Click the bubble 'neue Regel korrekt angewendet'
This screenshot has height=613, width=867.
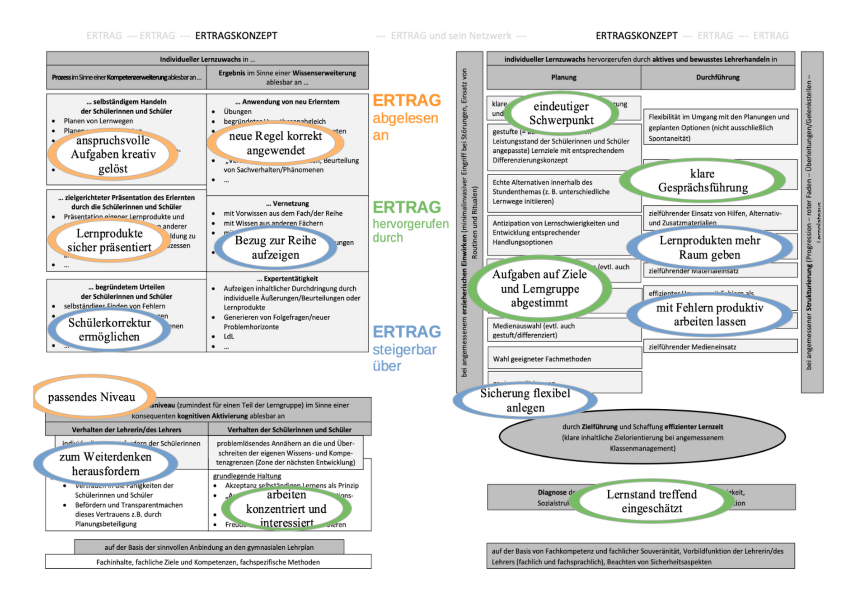(276, 143)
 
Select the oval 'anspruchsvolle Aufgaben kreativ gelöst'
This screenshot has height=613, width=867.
(113, 154)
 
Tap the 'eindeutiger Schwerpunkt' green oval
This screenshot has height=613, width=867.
(561, 113)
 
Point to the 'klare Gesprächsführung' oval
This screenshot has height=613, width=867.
(703, 180)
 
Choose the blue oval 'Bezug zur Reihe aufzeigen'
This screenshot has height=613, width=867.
(276, 248)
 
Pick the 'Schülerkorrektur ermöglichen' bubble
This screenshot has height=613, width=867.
(109, 329)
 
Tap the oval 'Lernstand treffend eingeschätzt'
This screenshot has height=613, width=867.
(651, 501)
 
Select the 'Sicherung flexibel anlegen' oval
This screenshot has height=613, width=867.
(525, 400)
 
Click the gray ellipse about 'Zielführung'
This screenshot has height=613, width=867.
(642, 437)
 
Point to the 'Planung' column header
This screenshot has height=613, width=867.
(563, 77)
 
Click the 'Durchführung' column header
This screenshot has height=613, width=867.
(717, 77)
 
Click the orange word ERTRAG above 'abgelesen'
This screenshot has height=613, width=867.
(407, 100)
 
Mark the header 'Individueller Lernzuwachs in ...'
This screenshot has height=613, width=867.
(207, 59)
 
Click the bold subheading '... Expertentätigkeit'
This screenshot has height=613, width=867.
(287, 279)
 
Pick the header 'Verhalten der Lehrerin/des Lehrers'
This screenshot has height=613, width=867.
(127, 430)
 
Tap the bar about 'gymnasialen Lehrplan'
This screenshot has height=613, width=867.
(209, 547)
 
